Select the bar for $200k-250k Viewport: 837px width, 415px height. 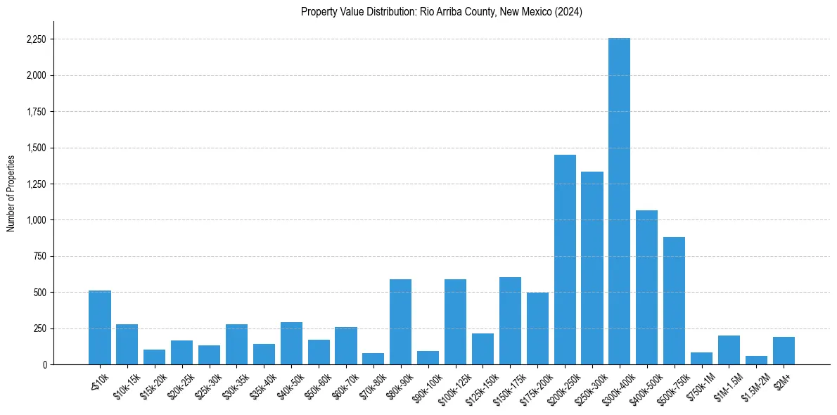tap(565, 260)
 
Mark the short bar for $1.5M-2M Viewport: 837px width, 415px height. tap(756, 360)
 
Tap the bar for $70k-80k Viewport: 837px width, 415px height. tap(373, 359)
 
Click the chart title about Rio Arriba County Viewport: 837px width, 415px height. tap(441, 12)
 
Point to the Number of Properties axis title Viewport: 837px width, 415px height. tap(11, 193)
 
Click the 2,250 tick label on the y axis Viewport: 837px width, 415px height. tap(36, 39)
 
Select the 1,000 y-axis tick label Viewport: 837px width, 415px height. tap(36, 220)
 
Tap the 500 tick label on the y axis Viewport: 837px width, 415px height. tap(39, 293)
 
